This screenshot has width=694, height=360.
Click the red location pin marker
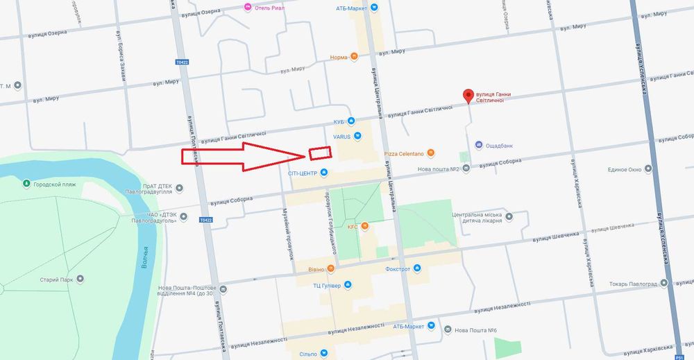pyautogui.click(x=468, y=96)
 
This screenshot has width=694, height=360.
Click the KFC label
pyautogui.click(x=352, y=227)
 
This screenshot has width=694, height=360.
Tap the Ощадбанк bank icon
pyautogui.click(x=479, y=145)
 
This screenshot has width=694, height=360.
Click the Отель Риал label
pyautogui.click(x=268, y=8)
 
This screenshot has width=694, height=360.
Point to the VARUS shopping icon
pyautogui.click(x=357, y=136)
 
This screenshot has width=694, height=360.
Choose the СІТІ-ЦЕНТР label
pyautogui.click(x=303, y=172)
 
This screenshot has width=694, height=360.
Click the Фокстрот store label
pyautogui.click(x=400, y=268)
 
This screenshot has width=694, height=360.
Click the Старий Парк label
pyautogui.click(x=58, y=279)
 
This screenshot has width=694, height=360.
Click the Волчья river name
pyautogui.click(x=144, y=257)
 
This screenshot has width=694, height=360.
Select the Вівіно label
pyautogui.click(x=316, y=269)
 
